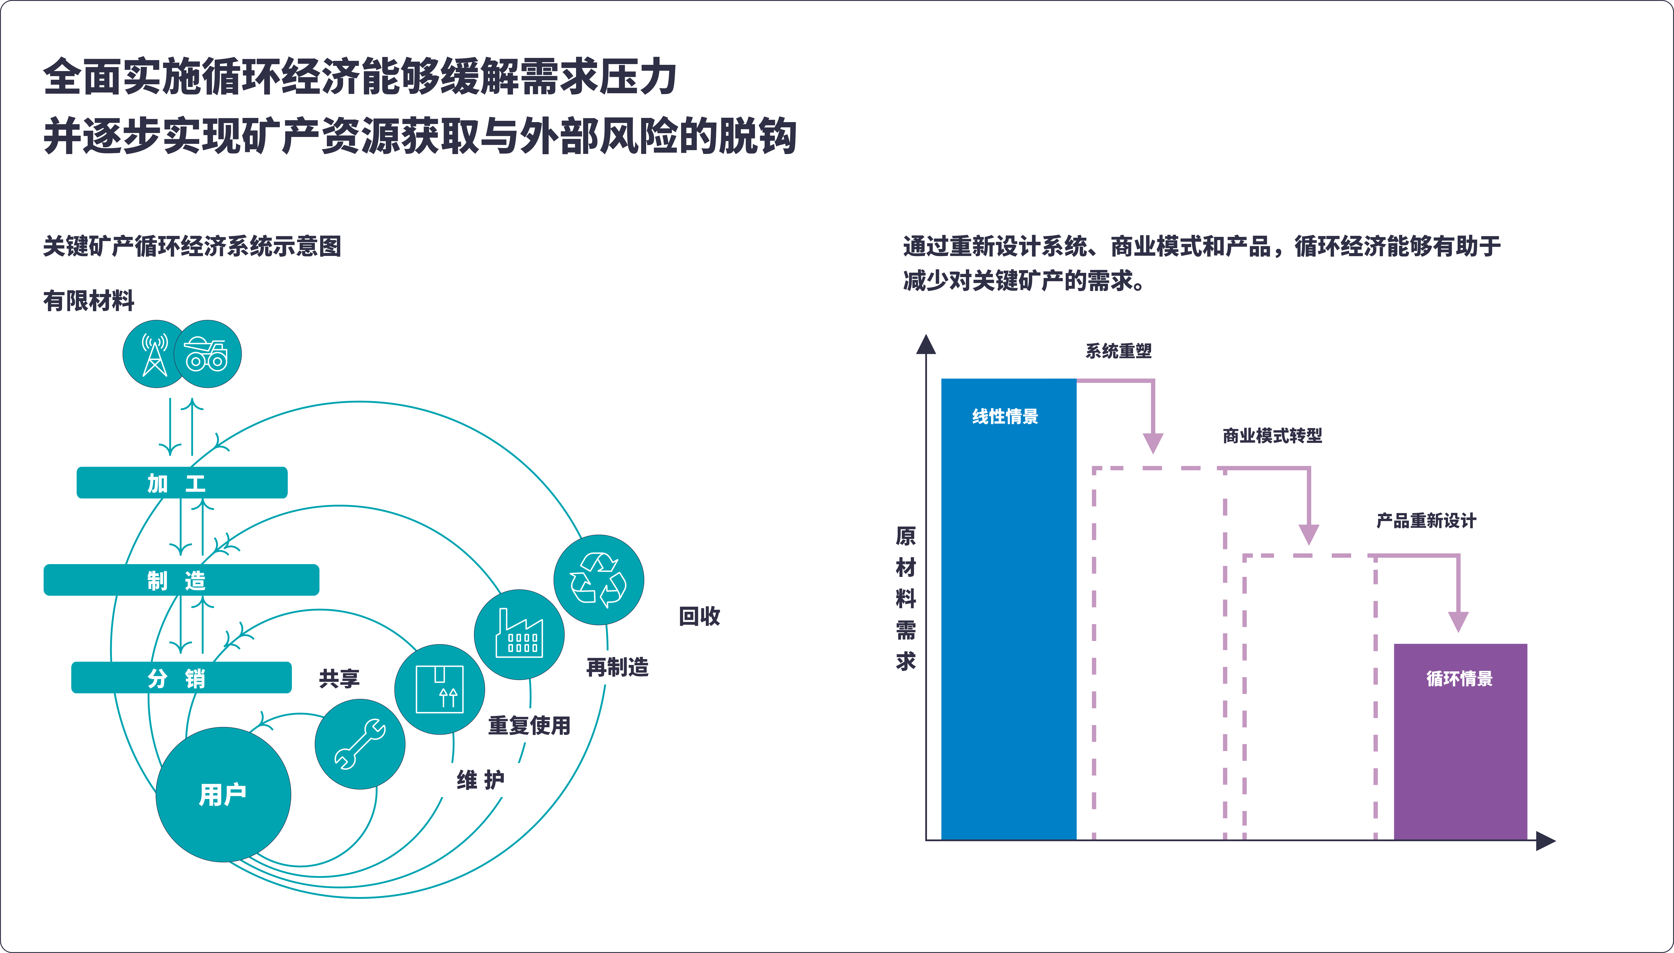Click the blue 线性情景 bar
click(1009, 609)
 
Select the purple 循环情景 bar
click(1461, 742)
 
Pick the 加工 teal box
click(182, 483)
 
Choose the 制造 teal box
click(181, 580)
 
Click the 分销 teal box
click(181, 677)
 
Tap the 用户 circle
click(223, 795)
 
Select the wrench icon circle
click(360, 744)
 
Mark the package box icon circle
click(439, 689)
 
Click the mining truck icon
click(207, 354)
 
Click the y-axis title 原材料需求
click(906, 598)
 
